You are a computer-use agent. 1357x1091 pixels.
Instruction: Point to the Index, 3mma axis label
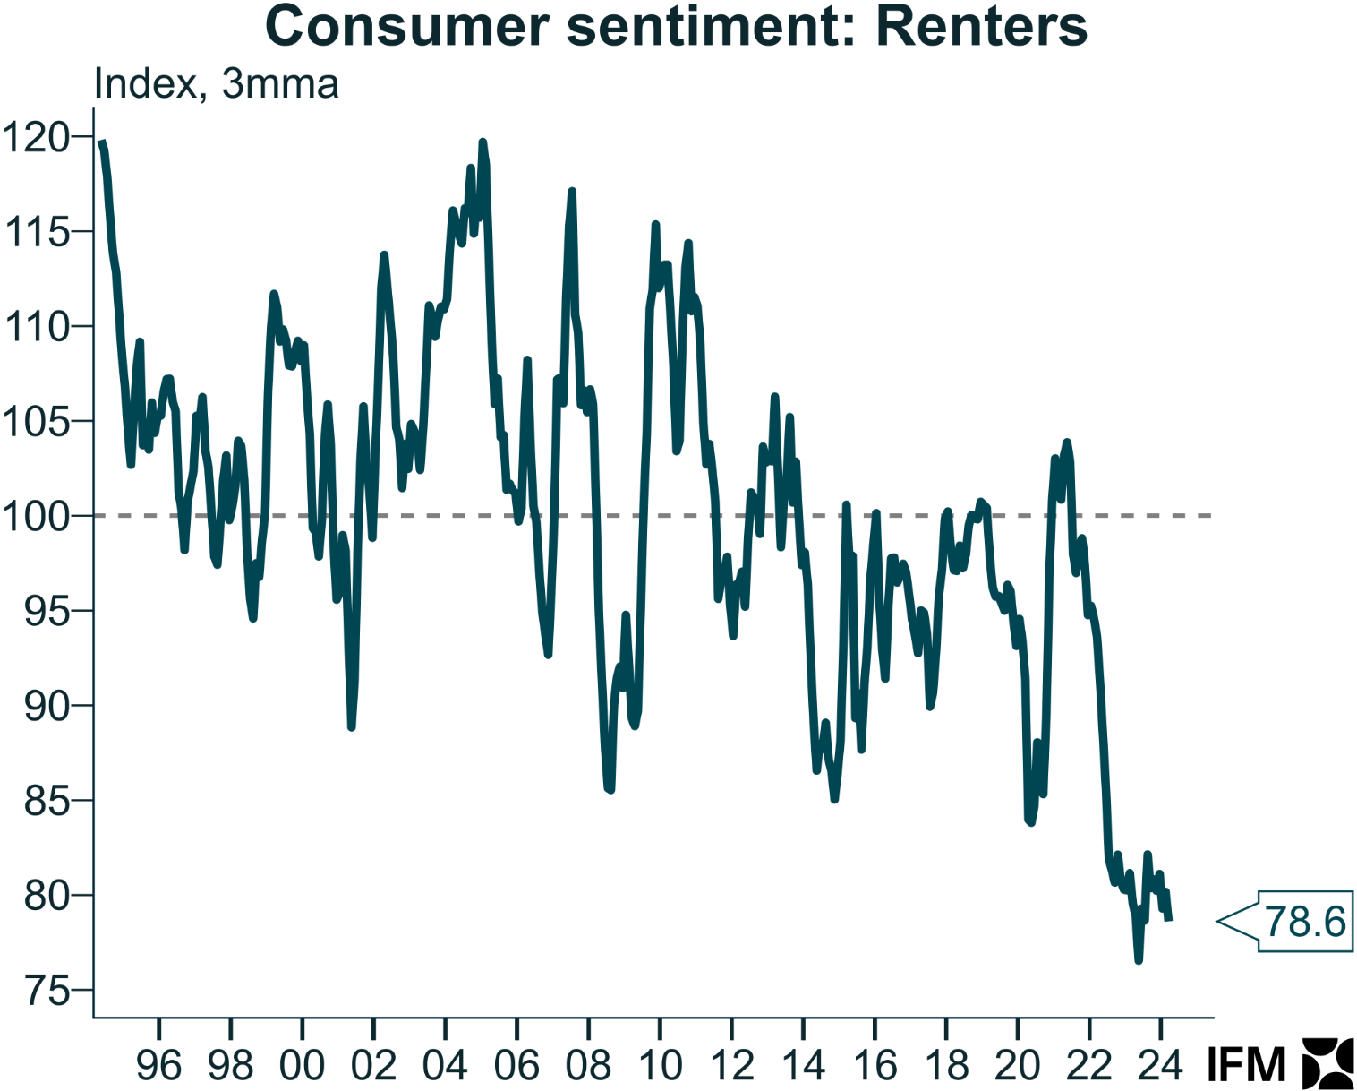pos(217,84)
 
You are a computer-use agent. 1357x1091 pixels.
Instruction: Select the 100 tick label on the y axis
pos(36,517)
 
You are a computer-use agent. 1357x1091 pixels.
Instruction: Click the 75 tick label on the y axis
pos(47,991)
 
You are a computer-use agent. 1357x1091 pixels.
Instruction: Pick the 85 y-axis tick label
pos(47,801)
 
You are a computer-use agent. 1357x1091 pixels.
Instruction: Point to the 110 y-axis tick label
pos(36,327)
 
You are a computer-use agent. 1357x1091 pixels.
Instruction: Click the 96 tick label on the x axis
pos(158,1065)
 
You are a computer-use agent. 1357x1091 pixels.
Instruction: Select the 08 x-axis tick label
pos(588,1065)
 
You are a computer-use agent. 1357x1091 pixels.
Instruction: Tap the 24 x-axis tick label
pos(1161,1065)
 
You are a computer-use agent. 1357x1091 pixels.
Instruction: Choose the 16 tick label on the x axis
pos(875,1065)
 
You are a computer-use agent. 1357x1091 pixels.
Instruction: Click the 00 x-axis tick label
pos(302,1065)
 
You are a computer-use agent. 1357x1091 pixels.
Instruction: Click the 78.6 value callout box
pos(1305,921)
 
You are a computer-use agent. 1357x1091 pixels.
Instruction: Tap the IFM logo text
pos(1246,1065)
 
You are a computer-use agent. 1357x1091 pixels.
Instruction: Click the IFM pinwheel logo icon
pos(1327,1064)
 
